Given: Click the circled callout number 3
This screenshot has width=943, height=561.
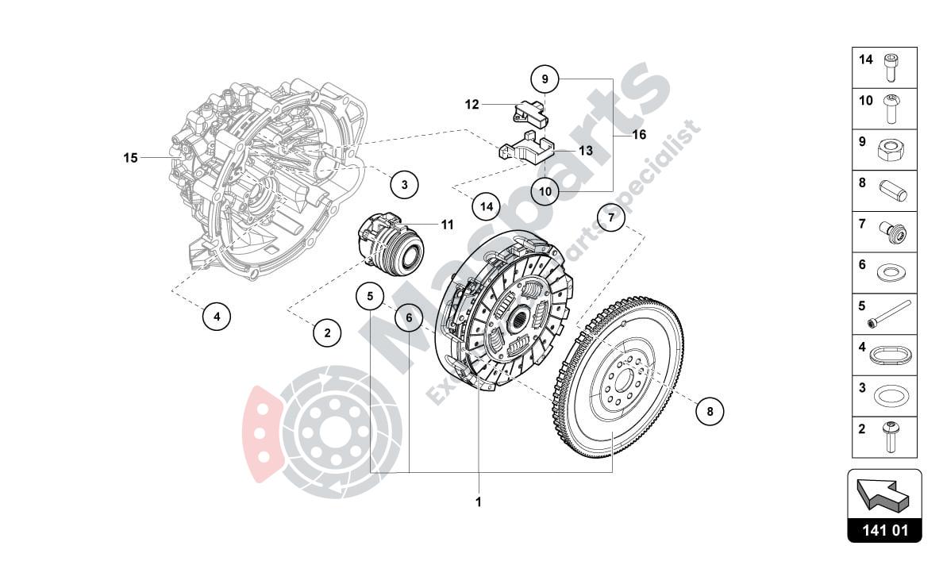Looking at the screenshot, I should pyautogui.click(x=404, y=185).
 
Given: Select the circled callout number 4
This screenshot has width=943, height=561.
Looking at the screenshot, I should pyautogui.click(x=216, y=317).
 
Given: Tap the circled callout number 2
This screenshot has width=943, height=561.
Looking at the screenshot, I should pyautogui.click(x=327, y=332).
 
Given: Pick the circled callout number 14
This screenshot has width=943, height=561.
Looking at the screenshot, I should pyautogui.click(x=487, y=206).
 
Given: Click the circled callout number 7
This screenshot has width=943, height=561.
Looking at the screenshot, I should pyautogui.click(x=611, y=217).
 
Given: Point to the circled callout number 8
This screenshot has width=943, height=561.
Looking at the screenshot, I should pyautogui.click(x=710, y=411).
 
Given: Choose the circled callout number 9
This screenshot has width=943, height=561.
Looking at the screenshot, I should pyautogui.click(x=545, y=79).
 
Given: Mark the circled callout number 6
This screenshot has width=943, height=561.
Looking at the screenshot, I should pyautogui.click(x=409, y=318).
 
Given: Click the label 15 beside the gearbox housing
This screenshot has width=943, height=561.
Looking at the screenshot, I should pyautogui.click(x=130, y=158).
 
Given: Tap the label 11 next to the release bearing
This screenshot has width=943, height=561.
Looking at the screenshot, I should pyautogui.click(x=447, y=225).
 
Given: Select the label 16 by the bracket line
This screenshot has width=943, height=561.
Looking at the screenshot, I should pyautogui.click(x=639, y=135).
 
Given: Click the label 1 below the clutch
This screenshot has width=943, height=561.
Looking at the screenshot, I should pyautogui.click(x=479, y=501).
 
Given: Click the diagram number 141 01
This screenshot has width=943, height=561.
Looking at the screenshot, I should pyautogui.click(x=884, y=530).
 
